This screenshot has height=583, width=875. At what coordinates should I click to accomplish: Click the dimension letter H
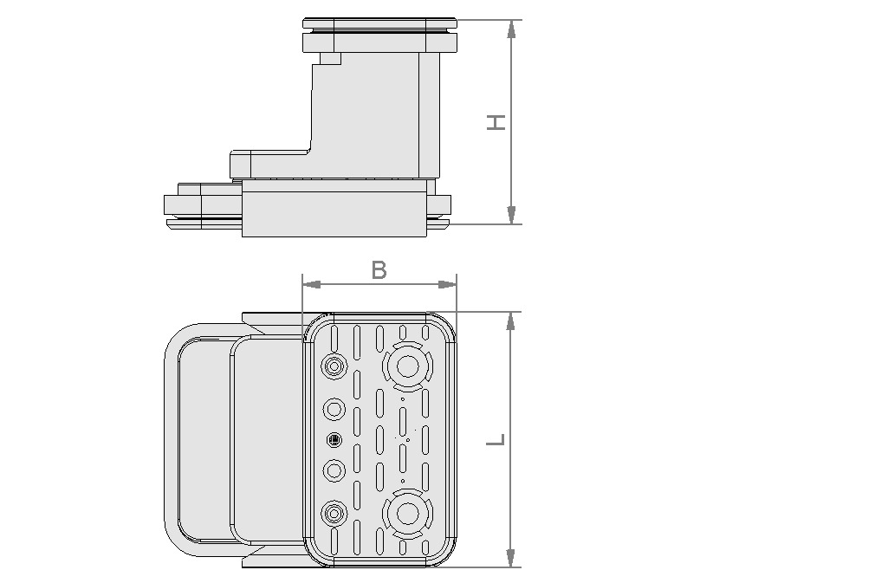click(x=496, y=122)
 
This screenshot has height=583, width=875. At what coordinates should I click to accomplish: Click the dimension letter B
click(x=379, y=269)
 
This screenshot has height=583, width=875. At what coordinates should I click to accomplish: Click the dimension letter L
click(x=496, y=439)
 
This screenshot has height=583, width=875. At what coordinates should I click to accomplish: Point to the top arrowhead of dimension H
click(x=511, y=29)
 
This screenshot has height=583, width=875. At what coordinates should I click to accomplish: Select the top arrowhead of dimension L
click(x=511, y=321)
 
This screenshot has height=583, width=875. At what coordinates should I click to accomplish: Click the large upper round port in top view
click(x=406, y=367)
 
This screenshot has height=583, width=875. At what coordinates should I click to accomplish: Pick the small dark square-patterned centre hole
click(x=334, y=440)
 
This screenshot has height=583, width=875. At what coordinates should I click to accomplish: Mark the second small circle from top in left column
click(x=334, y=408)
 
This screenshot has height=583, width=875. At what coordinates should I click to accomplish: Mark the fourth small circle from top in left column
click(x=334, y=470)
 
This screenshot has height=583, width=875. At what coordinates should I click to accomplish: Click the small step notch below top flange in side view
click(x=330, y=59)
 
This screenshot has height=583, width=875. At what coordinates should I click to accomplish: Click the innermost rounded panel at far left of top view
click(x=204, y=440)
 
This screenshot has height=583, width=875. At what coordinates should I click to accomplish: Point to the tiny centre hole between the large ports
click(x=407, y=440)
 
